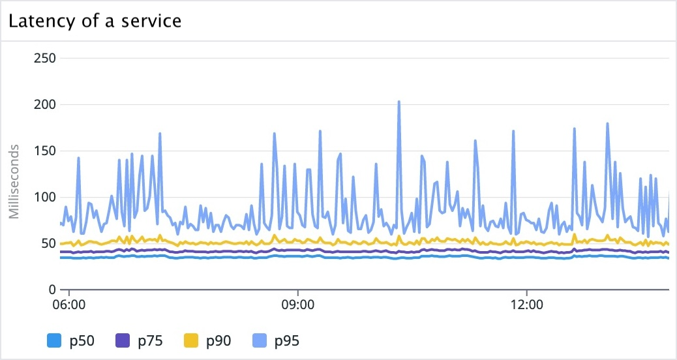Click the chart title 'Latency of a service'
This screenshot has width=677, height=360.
[94, 21]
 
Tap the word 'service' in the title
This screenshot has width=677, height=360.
[155, 21]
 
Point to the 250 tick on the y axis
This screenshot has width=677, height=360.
[44, 58]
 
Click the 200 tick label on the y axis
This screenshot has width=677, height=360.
[44, 104]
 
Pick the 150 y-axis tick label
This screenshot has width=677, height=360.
[44, 151]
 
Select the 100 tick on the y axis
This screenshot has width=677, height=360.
[44, 197]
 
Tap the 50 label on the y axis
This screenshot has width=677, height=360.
[48, 243]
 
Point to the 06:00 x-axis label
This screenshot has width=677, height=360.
[69, 305]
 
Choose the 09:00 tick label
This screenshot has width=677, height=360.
[298, 305]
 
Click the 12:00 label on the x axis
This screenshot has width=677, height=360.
[526, 305]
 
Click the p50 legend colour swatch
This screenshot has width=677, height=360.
[54, 340]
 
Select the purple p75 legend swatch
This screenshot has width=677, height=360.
[123, 340]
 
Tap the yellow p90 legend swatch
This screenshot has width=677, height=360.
[191, 340]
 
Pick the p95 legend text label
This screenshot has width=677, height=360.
[287, 340]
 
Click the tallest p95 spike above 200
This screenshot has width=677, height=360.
[399, 102]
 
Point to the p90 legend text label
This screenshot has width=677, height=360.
[218, 340]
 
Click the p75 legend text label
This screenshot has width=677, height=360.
[150, 340]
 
